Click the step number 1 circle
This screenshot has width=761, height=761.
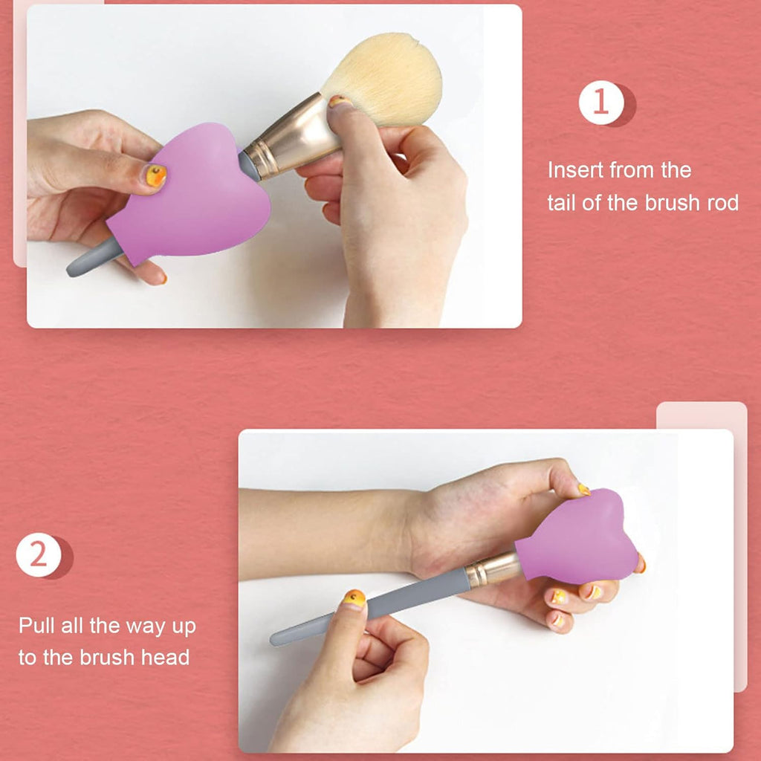[600, 103]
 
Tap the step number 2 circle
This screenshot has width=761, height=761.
[39, 556]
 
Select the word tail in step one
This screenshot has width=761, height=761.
[563, 202]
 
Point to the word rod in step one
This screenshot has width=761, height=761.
[721, 202]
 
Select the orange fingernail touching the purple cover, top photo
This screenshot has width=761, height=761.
[156, 175]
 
